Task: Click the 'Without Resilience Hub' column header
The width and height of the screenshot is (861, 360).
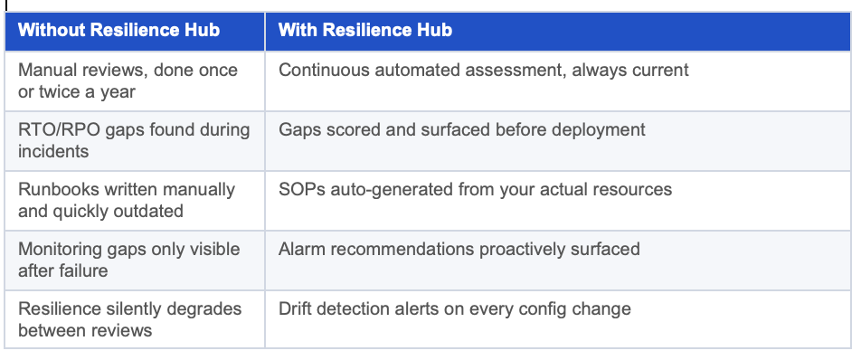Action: (135, 32)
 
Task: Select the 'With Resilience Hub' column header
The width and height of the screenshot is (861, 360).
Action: (558, 32)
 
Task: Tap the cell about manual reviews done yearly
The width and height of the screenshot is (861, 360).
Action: (135, 81)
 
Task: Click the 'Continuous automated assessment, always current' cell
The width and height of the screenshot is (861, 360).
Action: (558, 81)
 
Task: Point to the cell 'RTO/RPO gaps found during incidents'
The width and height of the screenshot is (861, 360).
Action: (135, 141)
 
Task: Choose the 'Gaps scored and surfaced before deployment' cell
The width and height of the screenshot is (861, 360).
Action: (558, 141)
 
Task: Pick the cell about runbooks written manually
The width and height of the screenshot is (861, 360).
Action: (135, 201)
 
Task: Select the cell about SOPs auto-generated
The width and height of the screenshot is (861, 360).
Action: (558, 201)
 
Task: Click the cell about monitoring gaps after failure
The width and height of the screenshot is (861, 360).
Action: (135, 261)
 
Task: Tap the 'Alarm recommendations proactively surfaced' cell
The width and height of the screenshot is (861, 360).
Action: (558, 261)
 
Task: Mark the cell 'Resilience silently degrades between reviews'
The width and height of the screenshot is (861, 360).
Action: (135, 319)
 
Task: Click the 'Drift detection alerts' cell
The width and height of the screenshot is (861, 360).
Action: (558, 319)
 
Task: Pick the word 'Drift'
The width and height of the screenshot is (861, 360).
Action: (294, 308)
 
